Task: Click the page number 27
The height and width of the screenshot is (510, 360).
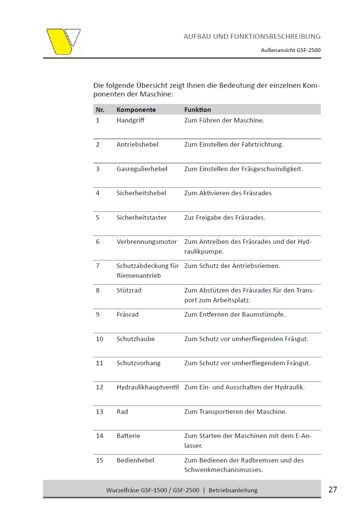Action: point(333,489)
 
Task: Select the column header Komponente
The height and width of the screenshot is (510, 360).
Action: point(136,110)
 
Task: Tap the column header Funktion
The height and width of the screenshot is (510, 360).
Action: point(197,110)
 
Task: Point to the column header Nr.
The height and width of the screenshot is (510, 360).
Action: point(100,110)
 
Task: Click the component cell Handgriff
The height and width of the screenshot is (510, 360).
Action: point(130,120)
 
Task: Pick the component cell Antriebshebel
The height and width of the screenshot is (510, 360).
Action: point(137,144)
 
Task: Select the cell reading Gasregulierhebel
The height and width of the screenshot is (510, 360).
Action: point(142,169)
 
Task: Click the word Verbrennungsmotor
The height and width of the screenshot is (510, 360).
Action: point(147,242)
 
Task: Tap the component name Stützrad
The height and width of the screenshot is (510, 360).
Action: point(129,290)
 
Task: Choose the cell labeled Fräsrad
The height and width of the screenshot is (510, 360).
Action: point(127,314)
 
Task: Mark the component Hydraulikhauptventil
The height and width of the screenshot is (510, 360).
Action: point(148,387)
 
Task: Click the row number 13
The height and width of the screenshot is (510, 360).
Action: point(99,412)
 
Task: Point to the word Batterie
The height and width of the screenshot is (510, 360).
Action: point(128,436)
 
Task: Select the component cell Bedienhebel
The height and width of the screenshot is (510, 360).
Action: point(135,460)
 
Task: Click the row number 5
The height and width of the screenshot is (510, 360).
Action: point(97,217)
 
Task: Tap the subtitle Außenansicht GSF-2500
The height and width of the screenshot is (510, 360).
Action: point(291,50)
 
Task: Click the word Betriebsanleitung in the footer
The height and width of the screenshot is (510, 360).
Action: point(233,490)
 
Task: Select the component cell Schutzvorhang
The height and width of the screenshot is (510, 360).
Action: point(138,363)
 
